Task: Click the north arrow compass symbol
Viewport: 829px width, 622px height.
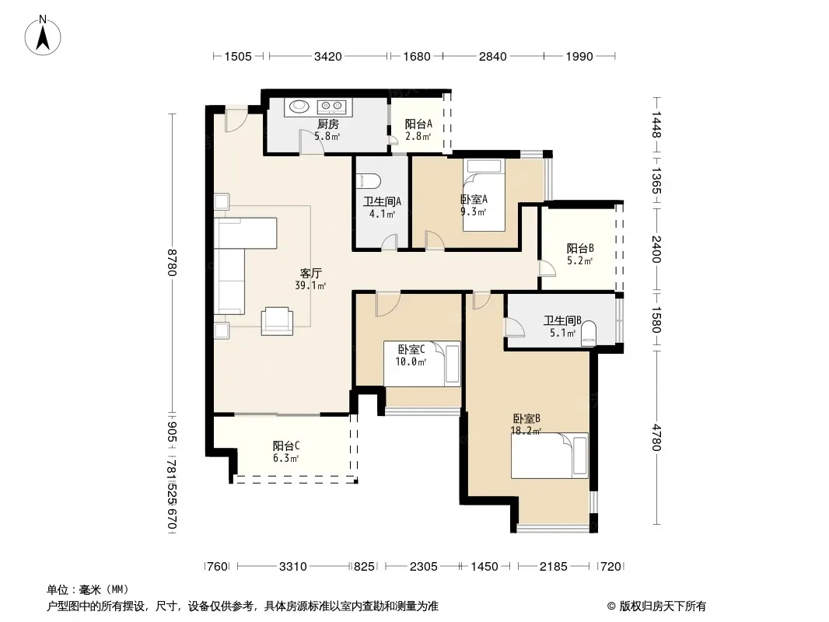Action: click(43, 36)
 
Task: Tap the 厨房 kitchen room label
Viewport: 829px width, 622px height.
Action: click(328, 124)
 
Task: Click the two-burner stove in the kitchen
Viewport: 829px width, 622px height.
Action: click(331, 107)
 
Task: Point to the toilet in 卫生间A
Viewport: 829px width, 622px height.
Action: click(369, 181)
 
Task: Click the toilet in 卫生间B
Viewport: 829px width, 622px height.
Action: click(589, 334)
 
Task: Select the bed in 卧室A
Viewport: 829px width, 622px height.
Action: click(484, 195)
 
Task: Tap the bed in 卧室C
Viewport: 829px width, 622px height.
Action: click(422, 364)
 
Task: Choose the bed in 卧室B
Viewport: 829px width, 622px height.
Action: click(549, 456)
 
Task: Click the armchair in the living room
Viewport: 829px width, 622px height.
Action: click(277, 321)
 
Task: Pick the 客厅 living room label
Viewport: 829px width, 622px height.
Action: click(311, 273)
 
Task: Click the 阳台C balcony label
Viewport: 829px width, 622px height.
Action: click(286, 446)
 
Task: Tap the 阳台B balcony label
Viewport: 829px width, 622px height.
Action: click(580, 248)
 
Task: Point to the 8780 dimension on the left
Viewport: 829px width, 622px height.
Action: click(172, 263)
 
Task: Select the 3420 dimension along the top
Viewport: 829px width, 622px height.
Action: click(328, 56)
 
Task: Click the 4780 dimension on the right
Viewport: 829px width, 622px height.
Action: click(656, 438)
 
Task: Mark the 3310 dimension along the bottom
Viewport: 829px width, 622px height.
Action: click(293, 567)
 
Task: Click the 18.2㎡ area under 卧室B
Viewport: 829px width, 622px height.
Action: click(526, 431)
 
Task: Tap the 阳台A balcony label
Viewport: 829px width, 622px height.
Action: click(418, 124)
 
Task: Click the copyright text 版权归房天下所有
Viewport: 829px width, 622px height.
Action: click(662, 606)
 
